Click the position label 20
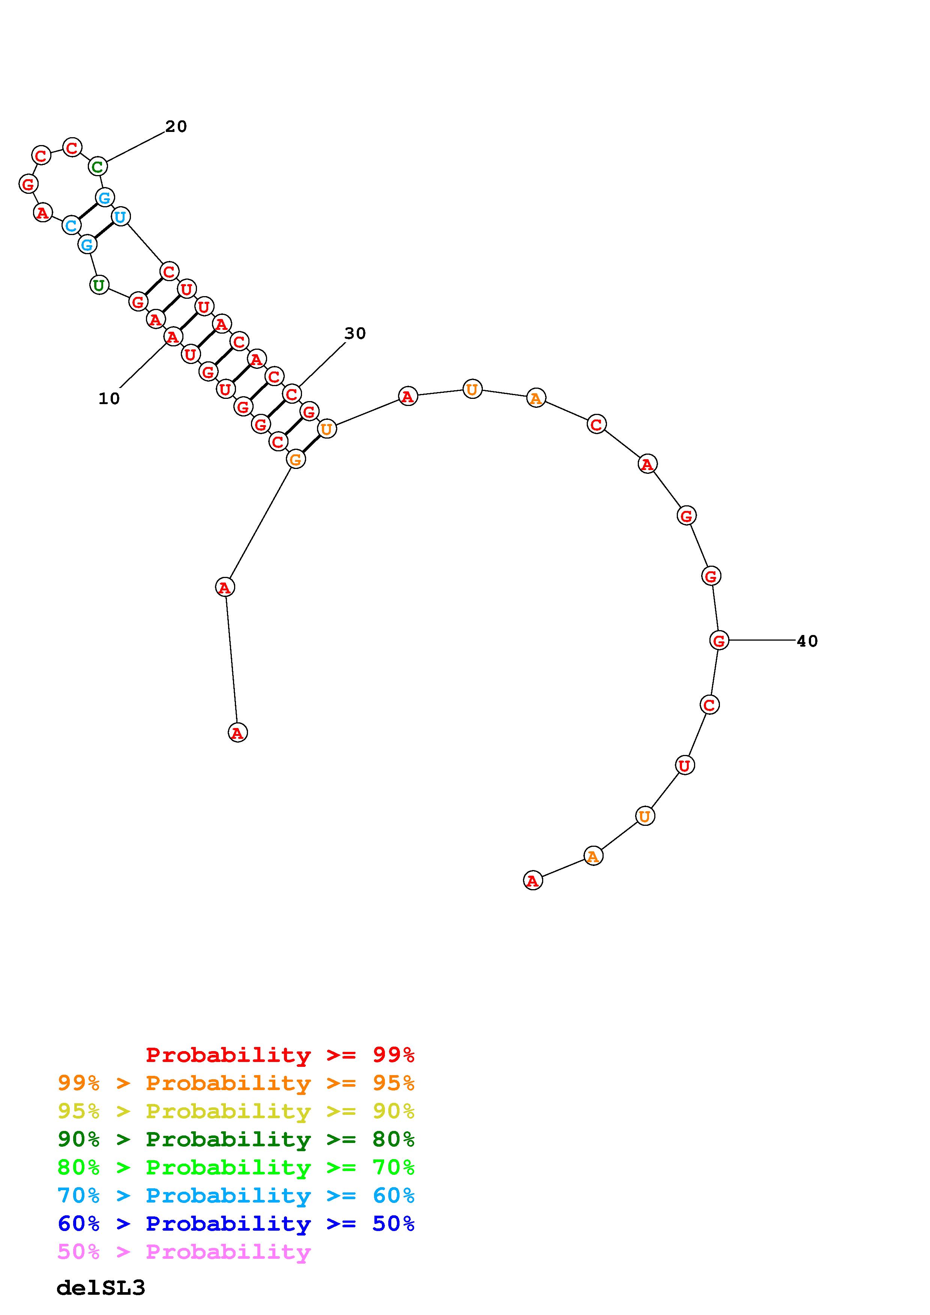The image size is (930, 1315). [176, 127]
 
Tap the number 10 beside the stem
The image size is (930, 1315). [109, 398]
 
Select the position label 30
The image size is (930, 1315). [355, 333]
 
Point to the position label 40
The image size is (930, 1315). [807, 641]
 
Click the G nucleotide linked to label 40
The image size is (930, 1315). [719, 640]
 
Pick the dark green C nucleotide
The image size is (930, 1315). [98, 167]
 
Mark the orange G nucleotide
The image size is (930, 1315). [296, 459]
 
